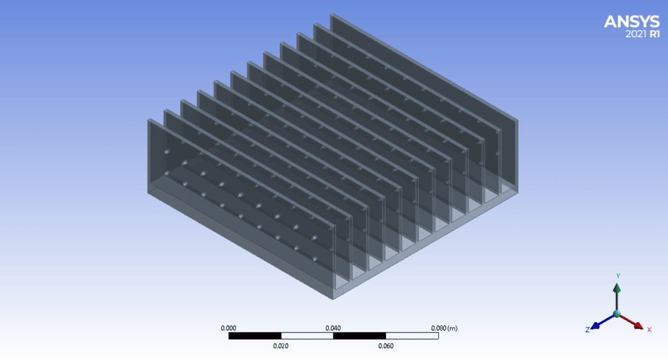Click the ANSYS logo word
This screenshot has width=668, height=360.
631,22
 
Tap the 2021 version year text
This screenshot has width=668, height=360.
636,35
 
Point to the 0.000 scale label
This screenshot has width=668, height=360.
229,328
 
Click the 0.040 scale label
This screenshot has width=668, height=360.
333,328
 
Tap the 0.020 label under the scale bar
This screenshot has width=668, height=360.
281,346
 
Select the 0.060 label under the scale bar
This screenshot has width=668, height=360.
385,346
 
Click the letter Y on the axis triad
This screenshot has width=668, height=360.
617,276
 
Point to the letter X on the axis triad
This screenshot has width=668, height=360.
649,329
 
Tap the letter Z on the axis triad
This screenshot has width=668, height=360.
587,330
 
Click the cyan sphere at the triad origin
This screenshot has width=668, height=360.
616,314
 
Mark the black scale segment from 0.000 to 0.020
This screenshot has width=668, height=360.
254,337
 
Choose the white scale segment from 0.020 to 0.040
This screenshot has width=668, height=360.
307,337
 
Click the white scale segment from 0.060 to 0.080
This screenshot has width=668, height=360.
411,337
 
